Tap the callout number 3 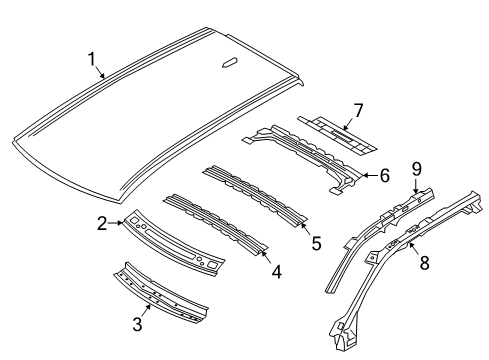[x=139, y=323]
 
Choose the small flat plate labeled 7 [x=340, y=129]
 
